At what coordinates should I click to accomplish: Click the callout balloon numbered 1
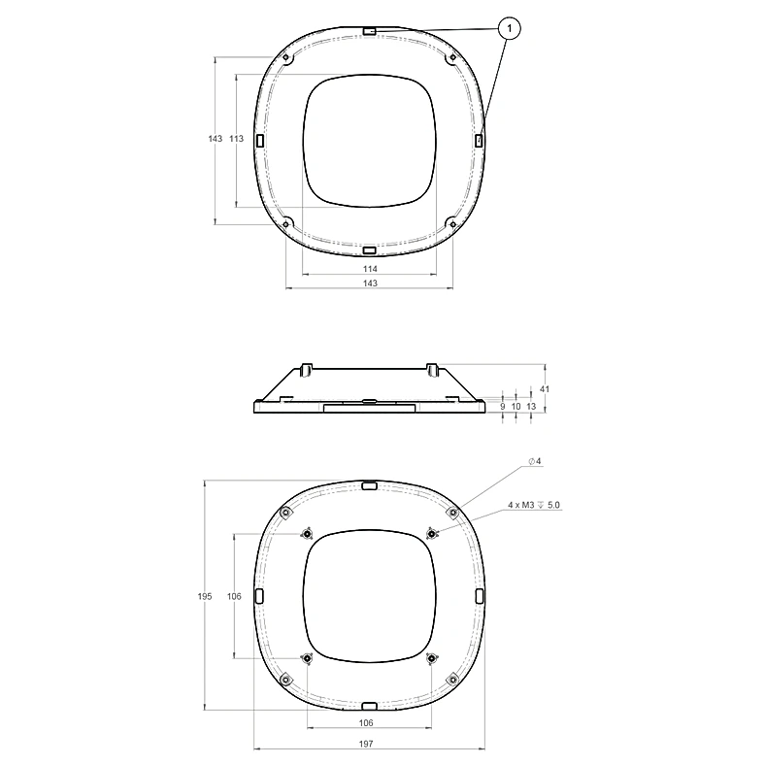(510, 28)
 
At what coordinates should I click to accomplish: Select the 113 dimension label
(236, 139)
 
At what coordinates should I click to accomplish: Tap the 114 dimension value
(370, 269)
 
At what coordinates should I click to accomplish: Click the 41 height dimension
(545, 389)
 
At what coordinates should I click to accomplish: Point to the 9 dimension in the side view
(503, 406)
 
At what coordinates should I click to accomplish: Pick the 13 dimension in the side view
(531, 406)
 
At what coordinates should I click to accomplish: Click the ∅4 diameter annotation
(535, 461)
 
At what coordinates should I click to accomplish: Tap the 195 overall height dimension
(205, 596)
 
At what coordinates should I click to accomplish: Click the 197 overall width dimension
(366, 744)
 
